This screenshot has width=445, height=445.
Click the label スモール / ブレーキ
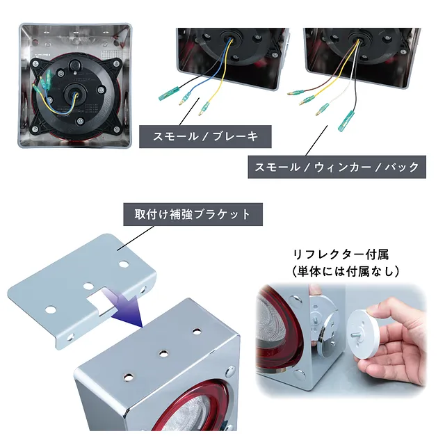(205, 136)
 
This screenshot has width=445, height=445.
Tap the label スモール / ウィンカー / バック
(337, 167)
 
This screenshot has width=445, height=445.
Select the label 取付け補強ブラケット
(193, 214)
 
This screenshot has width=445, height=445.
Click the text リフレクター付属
(341, 254)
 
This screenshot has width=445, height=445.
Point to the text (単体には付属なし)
(346, 272)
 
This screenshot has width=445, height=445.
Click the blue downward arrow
(125, 308)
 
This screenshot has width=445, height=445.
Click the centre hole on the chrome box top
(163, 354)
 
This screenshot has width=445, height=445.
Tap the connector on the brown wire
(296, 92)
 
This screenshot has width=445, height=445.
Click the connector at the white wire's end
(322, 110)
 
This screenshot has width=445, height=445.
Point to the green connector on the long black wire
(346, 121)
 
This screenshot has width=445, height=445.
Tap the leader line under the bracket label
(136, 238)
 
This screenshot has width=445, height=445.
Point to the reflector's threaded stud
(355, 335)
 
